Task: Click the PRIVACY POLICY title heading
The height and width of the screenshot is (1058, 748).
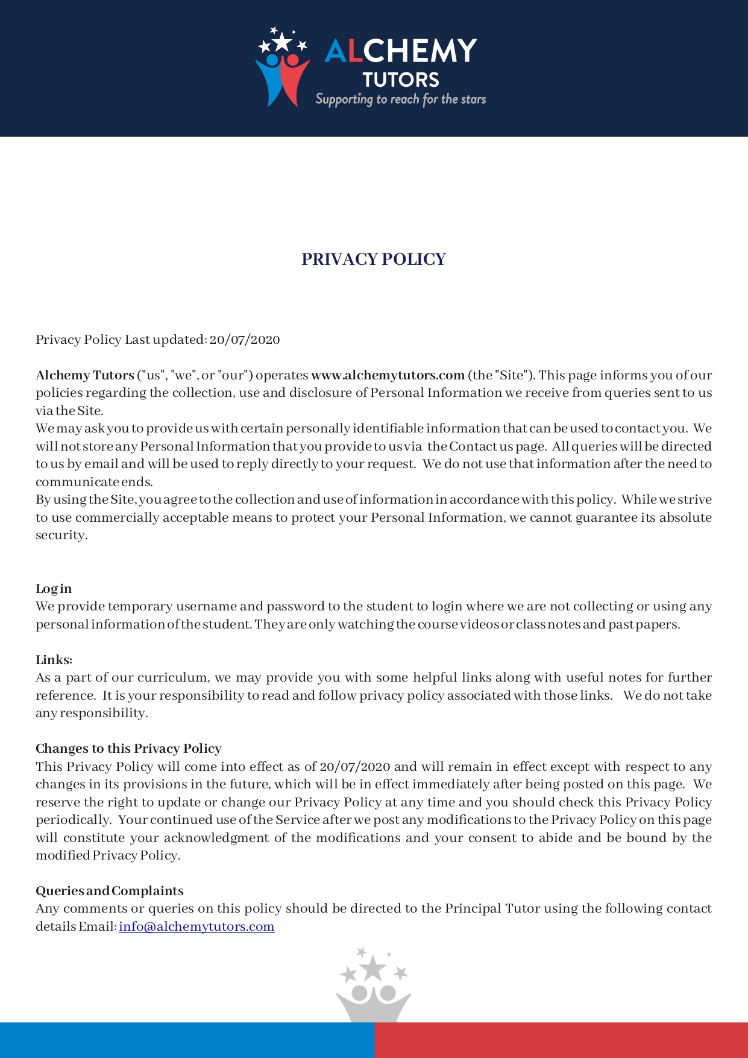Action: (374, 259)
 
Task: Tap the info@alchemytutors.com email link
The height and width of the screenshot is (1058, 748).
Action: (196, 927)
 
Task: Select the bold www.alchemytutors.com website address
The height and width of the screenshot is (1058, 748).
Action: (388, 375)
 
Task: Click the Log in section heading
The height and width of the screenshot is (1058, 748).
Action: (54, 589)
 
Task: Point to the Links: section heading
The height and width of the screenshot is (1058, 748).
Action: (54, 660)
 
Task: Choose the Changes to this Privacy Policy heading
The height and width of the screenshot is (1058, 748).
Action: (128, 749)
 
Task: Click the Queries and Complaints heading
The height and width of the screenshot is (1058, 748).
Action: (110, 891)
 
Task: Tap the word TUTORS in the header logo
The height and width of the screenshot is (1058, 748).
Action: (401, 80)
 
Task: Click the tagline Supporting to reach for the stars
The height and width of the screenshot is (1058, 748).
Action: (400, 100)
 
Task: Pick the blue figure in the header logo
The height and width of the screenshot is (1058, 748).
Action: (269, 78)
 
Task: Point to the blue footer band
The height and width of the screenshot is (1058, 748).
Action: (187, 1040)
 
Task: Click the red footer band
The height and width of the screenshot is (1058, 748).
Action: (561, 1040)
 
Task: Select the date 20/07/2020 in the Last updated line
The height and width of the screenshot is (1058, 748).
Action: (245, 340)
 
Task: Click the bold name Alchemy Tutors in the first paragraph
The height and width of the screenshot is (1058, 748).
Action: (85, 375)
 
